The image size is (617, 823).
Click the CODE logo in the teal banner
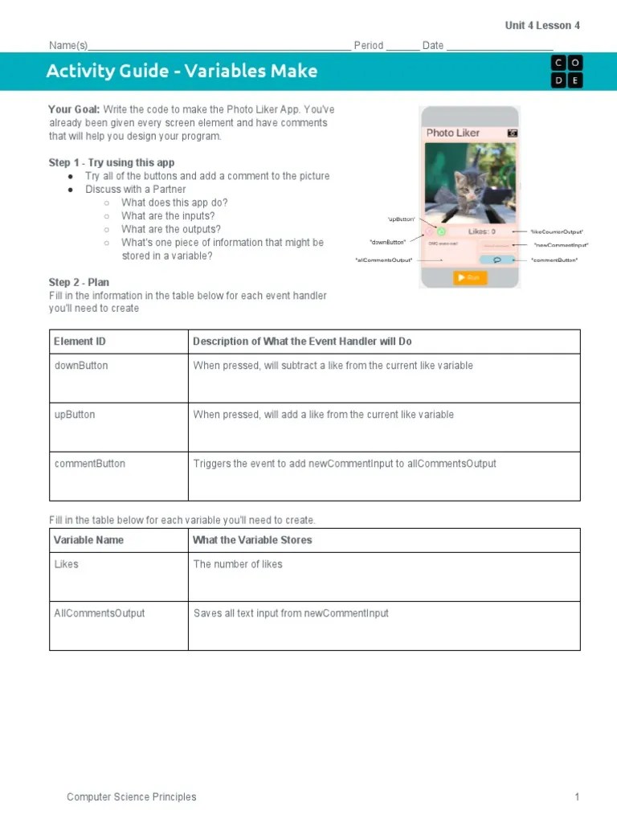tap(566, 72)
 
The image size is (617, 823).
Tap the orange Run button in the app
tap(470, 277)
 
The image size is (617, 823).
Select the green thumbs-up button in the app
tap(441, 231)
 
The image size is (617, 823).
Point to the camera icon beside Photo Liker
tap(512, 133)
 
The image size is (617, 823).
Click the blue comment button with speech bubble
tap(496, 260)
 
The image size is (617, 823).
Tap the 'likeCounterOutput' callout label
tap(557, 231)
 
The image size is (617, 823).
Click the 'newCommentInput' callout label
tap(561, 245)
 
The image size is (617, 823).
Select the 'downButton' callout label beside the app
tap(388, 241)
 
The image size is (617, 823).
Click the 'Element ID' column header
tap(80, 342)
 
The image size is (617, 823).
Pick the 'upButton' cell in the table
tap(75, 415)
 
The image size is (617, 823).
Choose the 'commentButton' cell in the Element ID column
tap(90, 464)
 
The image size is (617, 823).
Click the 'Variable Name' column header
tap(88, 540)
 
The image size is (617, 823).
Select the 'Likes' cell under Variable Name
tap(67, 564)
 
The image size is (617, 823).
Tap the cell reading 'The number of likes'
tap(238, 564)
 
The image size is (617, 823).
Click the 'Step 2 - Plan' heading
tap(79, 282)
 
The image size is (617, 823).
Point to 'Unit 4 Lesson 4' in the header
tap(542, 26)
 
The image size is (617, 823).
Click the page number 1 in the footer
tap(576, 796)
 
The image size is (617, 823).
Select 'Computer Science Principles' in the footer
tap(131, 796)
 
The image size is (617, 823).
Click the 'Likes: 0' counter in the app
tap(482, 231)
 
